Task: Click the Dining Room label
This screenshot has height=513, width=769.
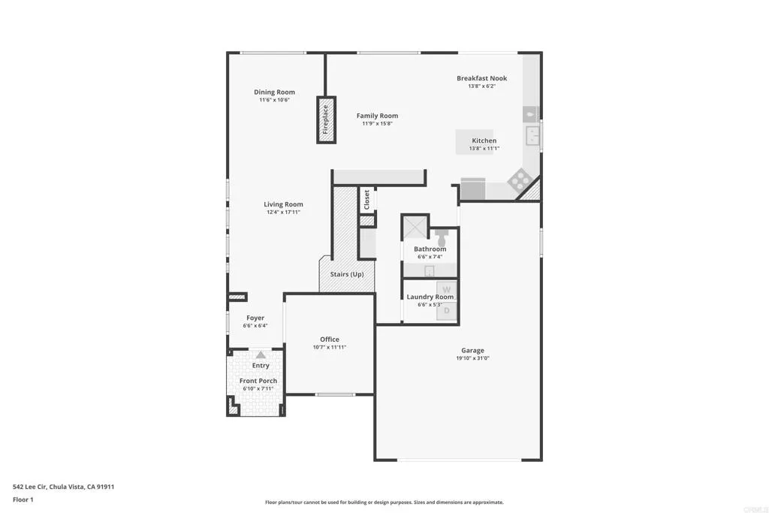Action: click(274, 92)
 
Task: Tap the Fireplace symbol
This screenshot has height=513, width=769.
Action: click(326, 119)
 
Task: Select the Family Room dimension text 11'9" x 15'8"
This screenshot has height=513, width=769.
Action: click(377, 123)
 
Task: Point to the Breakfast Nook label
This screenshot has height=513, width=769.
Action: click(481, 78)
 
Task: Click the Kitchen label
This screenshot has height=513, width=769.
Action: click(484, 140)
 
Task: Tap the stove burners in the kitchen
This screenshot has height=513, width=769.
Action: click(520, 180)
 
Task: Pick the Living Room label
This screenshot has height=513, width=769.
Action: click(283, 204)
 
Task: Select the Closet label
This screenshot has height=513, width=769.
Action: click(367, 198)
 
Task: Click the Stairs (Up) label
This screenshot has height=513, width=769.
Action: click(347, 274)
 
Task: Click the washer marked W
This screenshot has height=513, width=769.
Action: click(446, 290)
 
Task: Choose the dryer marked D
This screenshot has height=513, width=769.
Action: click(447, 309)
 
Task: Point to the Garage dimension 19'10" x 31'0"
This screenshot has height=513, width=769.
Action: click(472, 358)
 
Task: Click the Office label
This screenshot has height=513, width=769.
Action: click(329, 339)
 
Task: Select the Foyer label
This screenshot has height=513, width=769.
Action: click(255, 318)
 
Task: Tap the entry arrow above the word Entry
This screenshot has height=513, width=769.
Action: click(260, 355)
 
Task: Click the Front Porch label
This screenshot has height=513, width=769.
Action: click(258, 381)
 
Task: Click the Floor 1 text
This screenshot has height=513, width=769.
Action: click(23, 499)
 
